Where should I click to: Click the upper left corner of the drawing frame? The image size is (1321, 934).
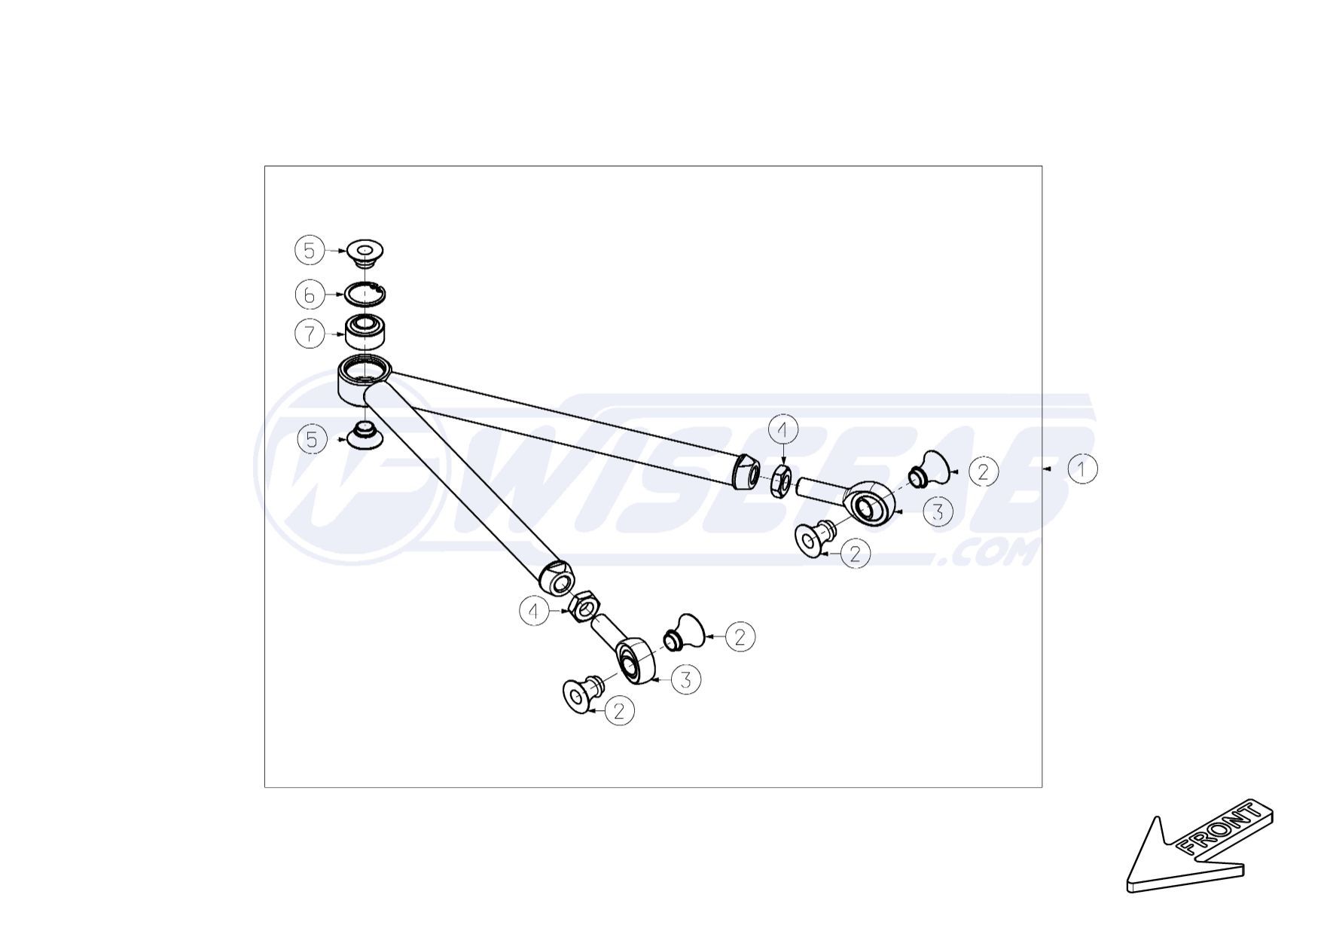tap(264, 166)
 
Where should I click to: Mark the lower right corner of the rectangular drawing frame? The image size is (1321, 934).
tap(1042, 788)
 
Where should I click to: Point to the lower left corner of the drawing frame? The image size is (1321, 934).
tap(264, 788)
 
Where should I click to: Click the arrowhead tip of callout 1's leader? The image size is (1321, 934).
tap(1045, 469)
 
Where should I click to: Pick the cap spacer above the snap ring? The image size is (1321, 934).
tap(365, 252)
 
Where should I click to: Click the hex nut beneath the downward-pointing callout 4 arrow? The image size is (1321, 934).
tap(783, 481)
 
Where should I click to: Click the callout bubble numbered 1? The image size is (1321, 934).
tap(1082, 469)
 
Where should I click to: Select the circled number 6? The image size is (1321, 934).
tap(309, 295)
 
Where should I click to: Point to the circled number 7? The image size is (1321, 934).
tap(310, 334)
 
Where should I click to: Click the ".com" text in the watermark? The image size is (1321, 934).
tap(989, 555)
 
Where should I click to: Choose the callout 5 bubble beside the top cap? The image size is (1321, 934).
tap(309, 250)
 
